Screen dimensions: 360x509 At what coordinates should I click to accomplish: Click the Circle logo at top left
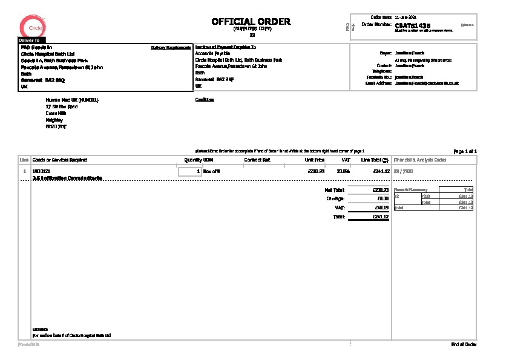31,27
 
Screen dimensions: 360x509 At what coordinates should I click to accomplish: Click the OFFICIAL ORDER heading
251,22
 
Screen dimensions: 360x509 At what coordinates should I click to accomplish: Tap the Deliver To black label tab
30,40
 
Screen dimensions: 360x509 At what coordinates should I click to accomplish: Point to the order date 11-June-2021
405,17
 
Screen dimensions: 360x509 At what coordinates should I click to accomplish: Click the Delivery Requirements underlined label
171,47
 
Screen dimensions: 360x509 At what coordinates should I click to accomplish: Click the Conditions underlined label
205,100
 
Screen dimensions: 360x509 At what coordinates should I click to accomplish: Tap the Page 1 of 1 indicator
465,151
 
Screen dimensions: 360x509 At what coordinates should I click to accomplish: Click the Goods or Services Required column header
60,160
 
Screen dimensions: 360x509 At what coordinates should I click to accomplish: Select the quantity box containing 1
189,172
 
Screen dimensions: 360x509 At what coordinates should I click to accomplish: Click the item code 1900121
41,172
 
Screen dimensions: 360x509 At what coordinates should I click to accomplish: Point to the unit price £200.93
317,172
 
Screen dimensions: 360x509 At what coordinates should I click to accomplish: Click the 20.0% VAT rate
343,172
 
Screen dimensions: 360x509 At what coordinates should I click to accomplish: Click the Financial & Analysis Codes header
420,160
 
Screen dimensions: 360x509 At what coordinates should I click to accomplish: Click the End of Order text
464,344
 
